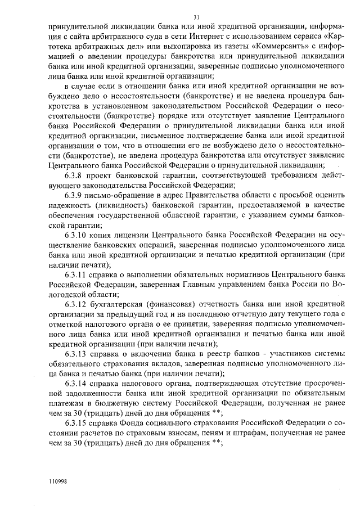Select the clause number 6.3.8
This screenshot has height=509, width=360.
pyautogui.click(x=74, y=175)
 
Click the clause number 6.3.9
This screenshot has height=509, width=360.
pyautogui.click(x=74, y=195)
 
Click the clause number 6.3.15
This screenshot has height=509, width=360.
pyautogui.click(x=76, y=422)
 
